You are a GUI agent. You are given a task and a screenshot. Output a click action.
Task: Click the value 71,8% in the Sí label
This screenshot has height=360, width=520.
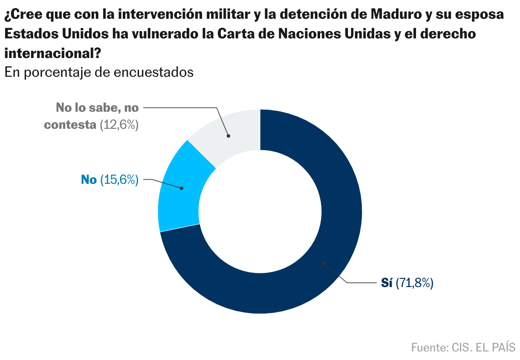(x=415, y=283)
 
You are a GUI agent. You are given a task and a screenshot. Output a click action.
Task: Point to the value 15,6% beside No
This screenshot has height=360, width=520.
(x=119, y=180)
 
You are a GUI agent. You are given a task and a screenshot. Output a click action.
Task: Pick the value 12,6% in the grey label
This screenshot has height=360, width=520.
(x=119, y=125)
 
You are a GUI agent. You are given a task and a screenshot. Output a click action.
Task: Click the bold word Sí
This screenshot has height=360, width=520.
(x=387, y=283)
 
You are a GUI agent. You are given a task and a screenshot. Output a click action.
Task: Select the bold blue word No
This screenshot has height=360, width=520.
(x=89, y=180)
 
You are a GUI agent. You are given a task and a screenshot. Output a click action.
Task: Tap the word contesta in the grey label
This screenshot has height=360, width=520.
(x=70, y=125)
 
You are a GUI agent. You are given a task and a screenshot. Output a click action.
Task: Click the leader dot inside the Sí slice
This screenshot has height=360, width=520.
(x=323, y=263)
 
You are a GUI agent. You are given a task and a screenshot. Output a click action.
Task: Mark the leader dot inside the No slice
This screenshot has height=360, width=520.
(x=182, y=188)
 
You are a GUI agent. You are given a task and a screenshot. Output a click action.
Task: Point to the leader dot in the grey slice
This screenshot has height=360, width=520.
(x=228, y=136)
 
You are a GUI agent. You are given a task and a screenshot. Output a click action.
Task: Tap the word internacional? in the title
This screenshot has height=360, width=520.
(x=52, y=53)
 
